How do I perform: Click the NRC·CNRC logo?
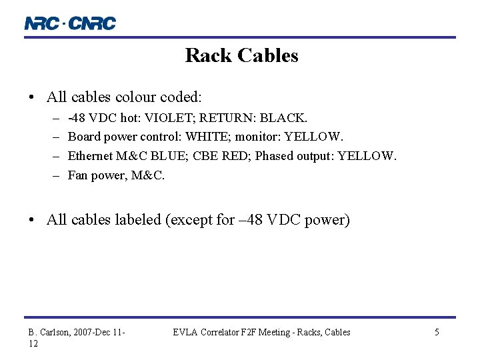pyautogui.click(x=70, y=23)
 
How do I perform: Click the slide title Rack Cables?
pyautogui.click(x=241, y=55)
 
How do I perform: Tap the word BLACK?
pyautogui.click(x=283, y=118)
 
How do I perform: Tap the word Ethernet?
pyautogui.click(x=90, y=156)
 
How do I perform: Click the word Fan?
pyautogui.click(x=78, y=175)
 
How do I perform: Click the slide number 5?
pyautogui.click(x=437, y=332)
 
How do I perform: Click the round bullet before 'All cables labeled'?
pyautogui.click(x=33, y=220)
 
